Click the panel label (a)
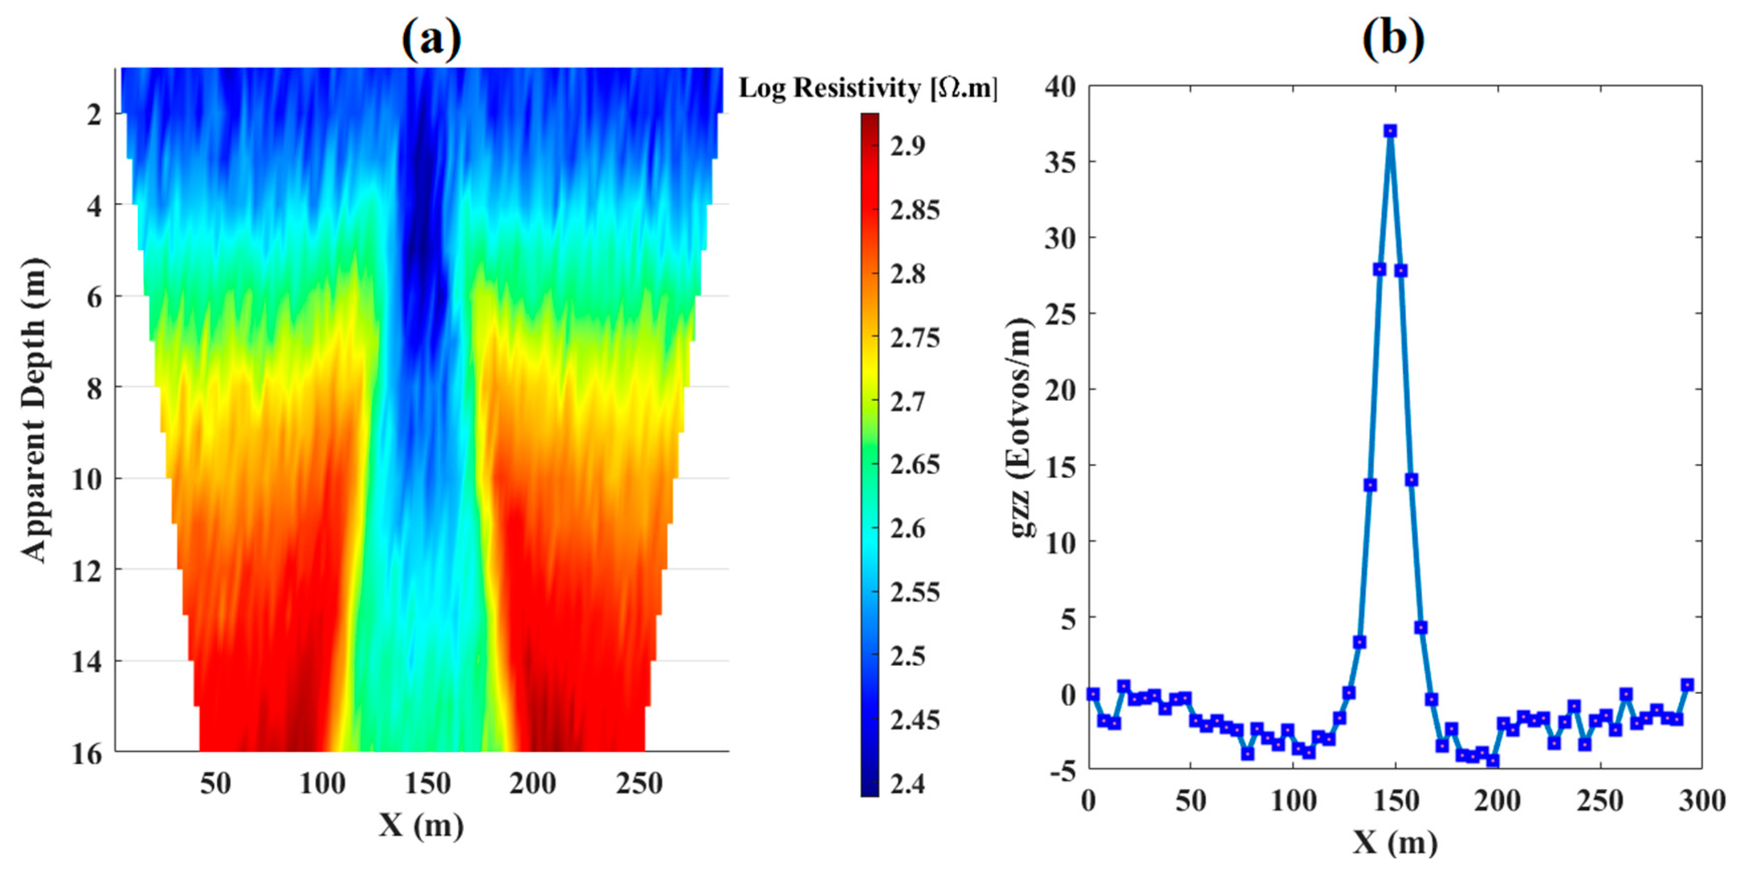[x=432, y=39]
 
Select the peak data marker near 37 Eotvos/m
[x=1390, y=131]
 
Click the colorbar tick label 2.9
[x=908, y=145]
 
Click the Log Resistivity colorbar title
[x=867, y=88]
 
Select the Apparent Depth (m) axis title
[x=34, y=410]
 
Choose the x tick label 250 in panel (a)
[x=639, y=784]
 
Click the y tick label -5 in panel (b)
[x=1063, y=771]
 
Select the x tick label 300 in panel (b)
[x=1701, y=801]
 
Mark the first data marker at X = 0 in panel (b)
[x=1092, y=694]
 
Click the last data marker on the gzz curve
[x=1687, y=685]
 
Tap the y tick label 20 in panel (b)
[x=1060, y=390]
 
